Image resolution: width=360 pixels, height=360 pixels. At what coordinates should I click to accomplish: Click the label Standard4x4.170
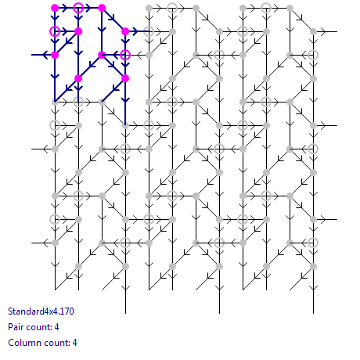[x=41, y=311]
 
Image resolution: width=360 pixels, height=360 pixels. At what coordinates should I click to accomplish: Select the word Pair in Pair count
[x=16, y=327]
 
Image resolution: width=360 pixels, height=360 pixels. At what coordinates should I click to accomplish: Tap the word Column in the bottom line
[x=22, y=343]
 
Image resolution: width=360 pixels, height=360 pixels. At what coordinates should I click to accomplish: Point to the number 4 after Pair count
[x=56, y=327]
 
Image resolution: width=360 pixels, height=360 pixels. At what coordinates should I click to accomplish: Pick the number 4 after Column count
[x=74, y=343]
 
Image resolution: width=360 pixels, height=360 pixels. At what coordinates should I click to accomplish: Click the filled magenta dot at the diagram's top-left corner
[x=55, y=8]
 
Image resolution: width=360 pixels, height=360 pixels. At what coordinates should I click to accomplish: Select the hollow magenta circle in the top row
[x=78, y=8]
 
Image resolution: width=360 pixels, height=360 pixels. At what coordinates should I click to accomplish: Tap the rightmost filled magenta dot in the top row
[x=102, y=8]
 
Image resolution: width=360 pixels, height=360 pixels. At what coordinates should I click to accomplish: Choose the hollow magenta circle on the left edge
[x=55, y=31]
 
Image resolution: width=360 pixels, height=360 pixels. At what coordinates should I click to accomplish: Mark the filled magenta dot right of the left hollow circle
[x=78, y=31]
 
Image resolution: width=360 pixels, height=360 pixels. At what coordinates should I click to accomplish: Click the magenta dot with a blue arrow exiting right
[x=125, y=31]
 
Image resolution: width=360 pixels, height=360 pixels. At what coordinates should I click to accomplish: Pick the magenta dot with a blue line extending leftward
[x=55, y=55]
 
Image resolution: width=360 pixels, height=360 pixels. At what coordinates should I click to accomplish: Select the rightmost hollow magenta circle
[x=125, y=55]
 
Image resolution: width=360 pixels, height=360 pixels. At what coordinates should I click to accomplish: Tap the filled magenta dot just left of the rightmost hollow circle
[x=102, y=55]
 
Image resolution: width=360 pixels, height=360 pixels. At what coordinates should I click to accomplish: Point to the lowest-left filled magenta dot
[x=78, y=78]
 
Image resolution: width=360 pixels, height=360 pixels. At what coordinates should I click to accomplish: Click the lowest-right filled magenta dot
[x=125, y=78]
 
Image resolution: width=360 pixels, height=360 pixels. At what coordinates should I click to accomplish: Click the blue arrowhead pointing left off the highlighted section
[x=45, y=55]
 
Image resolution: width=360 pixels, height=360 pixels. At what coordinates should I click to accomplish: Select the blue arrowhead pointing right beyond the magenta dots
[x=135, y=31]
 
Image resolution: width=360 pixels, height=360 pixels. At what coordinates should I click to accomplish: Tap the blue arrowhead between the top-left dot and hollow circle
[x=64, y=8]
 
